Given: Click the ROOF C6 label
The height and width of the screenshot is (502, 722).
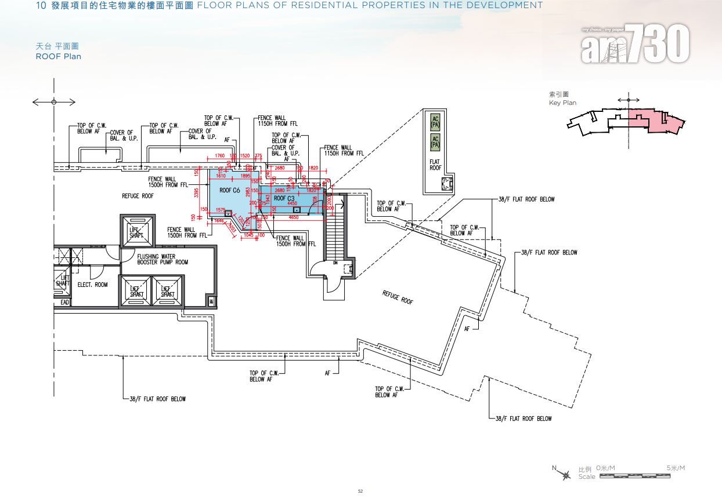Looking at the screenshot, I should [229, 190].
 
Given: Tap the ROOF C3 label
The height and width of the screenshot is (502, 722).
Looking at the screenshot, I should [284, 199].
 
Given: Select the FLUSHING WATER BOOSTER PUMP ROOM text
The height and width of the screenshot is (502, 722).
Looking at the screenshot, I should [163, 259].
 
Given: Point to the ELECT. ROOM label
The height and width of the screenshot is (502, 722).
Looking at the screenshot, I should [93, 285].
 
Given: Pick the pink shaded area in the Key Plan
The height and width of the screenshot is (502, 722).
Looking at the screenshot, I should [653, 122].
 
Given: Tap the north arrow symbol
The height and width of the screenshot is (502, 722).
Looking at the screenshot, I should [564, 475].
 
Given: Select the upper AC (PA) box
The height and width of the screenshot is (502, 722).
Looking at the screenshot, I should [435, 122].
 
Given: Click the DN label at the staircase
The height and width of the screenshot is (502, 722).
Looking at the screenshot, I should [335, 262].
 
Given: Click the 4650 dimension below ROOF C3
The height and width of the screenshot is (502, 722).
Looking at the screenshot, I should [293, 217].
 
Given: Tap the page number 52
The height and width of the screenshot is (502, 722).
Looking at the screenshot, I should [360, 491].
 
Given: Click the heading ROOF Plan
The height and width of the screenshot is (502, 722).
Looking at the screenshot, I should [58, 57].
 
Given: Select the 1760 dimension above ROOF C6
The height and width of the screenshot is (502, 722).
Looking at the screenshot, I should [219, 156].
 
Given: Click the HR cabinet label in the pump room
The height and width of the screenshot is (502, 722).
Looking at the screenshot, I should [211, 301].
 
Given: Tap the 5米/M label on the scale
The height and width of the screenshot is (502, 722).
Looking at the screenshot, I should [676, 468].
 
